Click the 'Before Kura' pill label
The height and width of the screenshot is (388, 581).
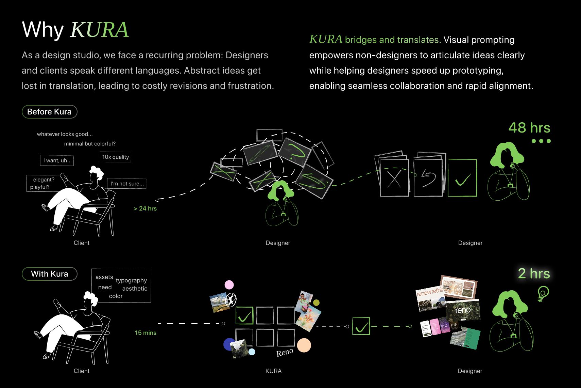[x=49, y=112]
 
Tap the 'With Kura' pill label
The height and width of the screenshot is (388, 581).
[x=49, y=274]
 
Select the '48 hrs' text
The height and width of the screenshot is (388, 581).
[x=529, y=128]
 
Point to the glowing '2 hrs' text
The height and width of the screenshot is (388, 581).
[x=534, y=274]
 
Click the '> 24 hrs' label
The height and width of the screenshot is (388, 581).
[x=145, y=208]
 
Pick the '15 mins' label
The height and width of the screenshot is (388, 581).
[x=146, y=333]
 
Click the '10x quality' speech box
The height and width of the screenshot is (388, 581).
[x=116, y=157]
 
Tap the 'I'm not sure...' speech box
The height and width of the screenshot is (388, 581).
[x=127, y=184]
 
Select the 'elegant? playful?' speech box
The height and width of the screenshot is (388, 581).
[x=43, y=183]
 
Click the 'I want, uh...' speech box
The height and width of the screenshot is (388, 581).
[x=57, y=160]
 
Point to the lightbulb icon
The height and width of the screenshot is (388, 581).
[x=543, y=293]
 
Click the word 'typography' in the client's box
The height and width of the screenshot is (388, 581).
[x=131, y=280]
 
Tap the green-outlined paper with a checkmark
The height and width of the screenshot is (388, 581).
[x=462, y=178]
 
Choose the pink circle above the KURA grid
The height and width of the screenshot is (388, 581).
[x=229, y=285]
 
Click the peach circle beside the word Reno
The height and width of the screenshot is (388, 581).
[x=304, y=345]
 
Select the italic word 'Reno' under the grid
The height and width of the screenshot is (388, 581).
[x=285, y=352]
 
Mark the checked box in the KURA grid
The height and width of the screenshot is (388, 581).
[x=244, y=315]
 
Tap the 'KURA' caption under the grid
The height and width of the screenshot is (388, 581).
[x=273, y=371]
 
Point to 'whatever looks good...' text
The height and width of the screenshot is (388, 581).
[x=65, y=134]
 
